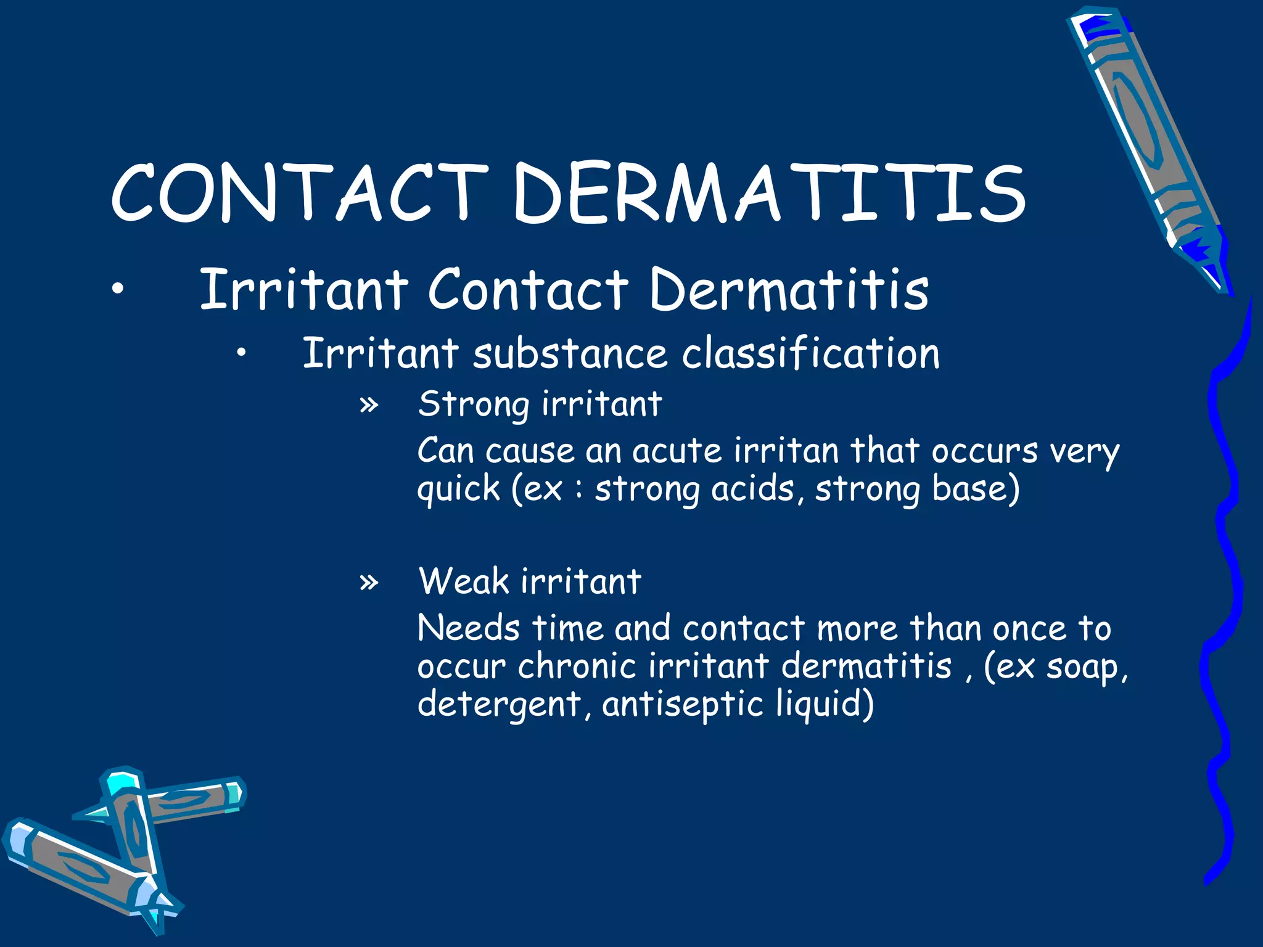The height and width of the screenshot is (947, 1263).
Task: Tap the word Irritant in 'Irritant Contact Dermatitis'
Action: click(304, 289)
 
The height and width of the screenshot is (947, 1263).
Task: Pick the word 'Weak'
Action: click(463, 581)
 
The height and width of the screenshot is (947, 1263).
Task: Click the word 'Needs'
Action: click(468, 628)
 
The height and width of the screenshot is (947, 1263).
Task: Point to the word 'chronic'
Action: click(577, 666)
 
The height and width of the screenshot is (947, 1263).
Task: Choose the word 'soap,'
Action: click(1087, 668)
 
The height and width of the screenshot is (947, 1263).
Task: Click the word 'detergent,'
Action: click(504, 705)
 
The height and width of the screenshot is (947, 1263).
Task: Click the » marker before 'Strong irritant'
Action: click(369, 405)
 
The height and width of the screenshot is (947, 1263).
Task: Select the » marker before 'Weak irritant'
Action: click(369, 581)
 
